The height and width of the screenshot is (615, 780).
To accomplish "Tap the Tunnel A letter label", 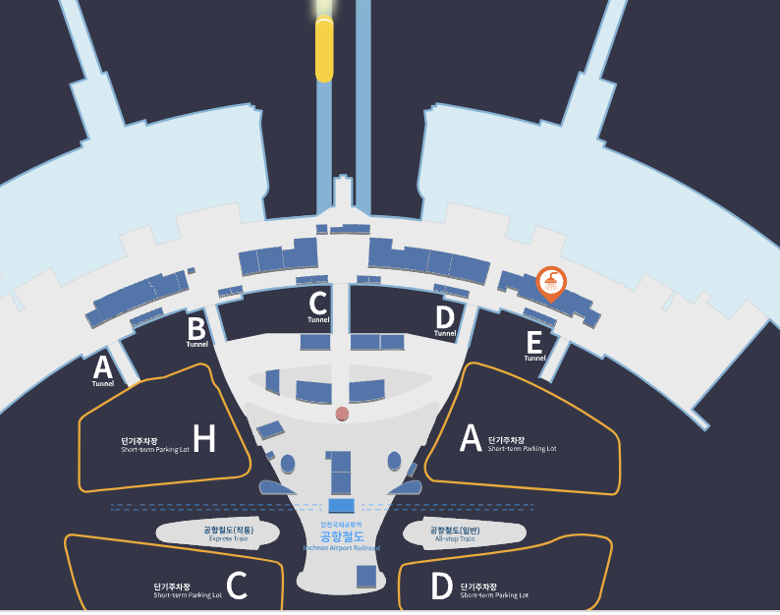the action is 101,367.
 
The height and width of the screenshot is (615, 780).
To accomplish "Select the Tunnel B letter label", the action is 196,327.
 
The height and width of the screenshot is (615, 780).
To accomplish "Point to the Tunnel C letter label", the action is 317,303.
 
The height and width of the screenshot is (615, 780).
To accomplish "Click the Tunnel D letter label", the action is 445,316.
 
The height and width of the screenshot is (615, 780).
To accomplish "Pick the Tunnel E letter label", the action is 534,342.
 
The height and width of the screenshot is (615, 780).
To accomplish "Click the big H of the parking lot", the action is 204,439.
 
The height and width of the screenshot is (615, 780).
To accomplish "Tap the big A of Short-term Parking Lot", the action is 472,439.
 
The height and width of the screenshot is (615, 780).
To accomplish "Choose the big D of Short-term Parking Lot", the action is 442,587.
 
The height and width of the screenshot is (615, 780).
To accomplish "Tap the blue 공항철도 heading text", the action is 341,536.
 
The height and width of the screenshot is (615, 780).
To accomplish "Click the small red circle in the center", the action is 342,413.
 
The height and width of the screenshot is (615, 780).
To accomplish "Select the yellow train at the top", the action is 324,49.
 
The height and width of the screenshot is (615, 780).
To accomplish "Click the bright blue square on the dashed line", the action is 341,505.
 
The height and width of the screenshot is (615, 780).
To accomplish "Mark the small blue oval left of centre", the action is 288,462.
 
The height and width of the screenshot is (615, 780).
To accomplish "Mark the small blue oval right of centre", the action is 394,461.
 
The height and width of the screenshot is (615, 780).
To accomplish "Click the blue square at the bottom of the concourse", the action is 366,576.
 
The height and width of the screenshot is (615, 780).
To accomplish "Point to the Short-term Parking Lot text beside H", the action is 153,445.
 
